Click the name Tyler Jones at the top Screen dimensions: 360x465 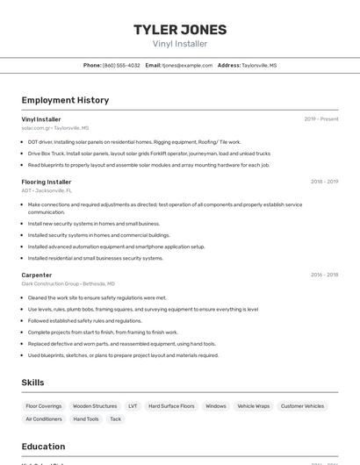pyautogui.click(x=180, y=30)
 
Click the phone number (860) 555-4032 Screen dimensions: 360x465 pyautogui.click(x=121, y=66)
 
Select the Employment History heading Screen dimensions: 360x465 pyautogui.click(x=65, y=100)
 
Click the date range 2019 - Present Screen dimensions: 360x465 pyautogui.click(x=321, y=119)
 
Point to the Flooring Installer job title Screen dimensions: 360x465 pyautogui.click(x=47, y=182)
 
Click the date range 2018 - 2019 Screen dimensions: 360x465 pyautogui.click(x=324, y=182)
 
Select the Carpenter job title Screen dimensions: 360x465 pyautogui.click(x=37, y=275)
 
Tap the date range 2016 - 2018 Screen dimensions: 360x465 pyautogui.click(x=324, y=275)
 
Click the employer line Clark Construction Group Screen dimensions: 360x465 pyautogui.click(x=68, y=284)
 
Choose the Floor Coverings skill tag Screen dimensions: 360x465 pyautogui.click(x=44, y=406)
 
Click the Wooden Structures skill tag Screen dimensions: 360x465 pyautogui.click(x=95, y=406)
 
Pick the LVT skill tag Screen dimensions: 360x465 pyautogui.click(x=133, y=406)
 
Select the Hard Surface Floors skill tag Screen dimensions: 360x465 pyautogui.click(x=171, y=406)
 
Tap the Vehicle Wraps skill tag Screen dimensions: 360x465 pyautogui.click(x=253, y=406)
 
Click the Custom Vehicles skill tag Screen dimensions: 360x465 pyautogui.click(x=302, y=406)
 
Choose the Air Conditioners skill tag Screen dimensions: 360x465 pyautogui.click(x=44, y=419)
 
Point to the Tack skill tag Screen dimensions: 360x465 pyautogui.click(x=115, y=419)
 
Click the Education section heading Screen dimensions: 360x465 pyautogui.click(x=43, y=447)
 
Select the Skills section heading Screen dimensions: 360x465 pyautogui.click(x=33, y=383)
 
